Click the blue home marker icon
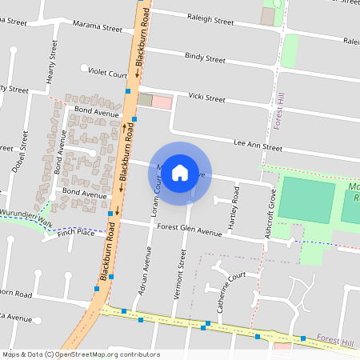(180, 172)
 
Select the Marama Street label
(97, 28)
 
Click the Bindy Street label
(205, 58)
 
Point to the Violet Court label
(107, 75)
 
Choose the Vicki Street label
(206, 98)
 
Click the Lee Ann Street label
(258, 147)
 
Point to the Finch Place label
(75, 232)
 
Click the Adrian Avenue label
(146, 269)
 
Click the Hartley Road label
(234, 206)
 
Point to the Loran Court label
(158, 195)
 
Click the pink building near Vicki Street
(161, 102)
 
